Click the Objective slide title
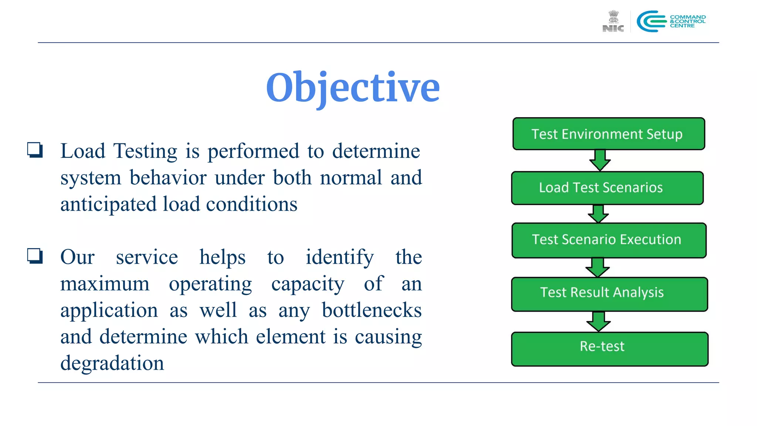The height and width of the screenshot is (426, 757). (353, 87)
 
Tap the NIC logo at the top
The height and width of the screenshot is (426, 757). (613, 21)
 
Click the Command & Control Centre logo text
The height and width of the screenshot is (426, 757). (688, 21)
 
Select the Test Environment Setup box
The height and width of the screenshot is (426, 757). (608, 134)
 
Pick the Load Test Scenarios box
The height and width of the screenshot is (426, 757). (607, 188)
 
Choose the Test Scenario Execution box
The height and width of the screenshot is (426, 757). (608, 240)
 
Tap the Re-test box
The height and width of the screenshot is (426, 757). (609, 349)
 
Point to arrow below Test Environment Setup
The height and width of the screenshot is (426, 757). (600, 160)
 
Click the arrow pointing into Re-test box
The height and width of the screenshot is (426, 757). (598, 321)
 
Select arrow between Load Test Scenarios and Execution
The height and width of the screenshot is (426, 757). (598, 214)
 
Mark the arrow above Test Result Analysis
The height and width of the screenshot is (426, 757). (597, 267)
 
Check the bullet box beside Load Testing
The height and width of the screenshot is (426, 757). (35, 151)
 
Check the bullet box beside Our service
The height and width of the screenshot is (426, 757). (35, 256)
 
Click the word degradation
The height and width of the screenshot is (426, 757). (112, 363)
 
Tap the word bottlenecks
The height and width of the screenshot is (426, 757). (371, 310)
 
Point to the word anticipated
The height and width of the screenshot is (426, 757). (108, 204)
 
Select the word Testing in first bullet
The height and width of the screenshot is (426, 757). (145, 151)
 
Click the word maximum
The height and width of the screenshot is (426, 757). (105, 284)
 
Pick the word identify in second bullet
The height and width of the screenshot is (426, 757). (339, 257)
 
